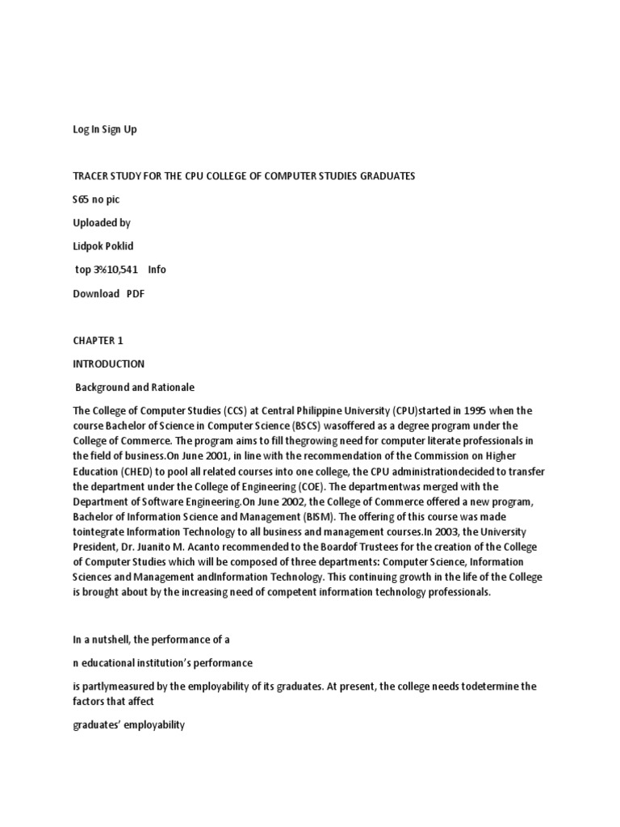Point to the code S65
[81, 199]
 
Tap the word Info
[157, 270]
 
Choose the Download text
[96, 293]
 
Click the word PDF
[135, 293]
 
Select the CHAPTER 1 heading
[98, 341]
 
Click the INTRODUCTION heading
[109, 364]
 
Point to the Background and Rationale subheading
[135, 388]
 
